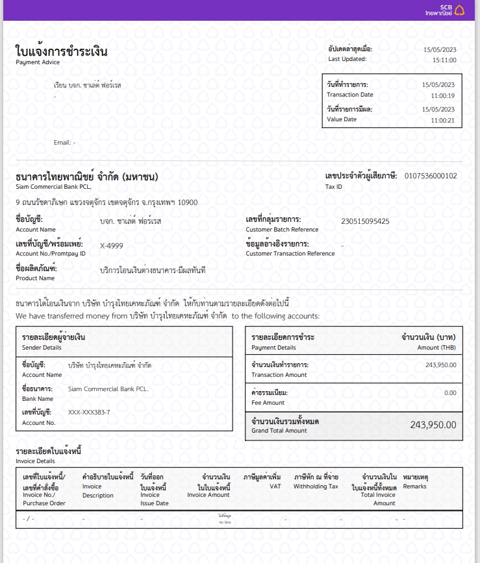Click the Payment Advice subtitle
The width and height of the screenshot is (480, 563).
pos(38,63)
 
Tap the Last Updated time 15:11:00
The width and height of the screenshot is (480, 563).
pos(444,60)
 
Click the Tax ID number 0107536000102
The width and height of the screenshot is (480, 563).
pos(430,176)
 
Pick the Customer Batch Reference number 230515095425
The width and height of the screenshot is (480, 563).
pos(365,221)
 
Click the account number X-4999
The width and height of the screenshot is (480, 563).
pos(111,246)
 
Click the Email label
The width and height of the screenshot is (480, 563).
pos(62,142)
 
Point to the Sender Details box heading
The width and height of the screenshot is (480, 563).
pos(53,337)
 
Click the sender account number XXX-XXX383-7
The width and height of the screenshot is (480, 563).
pos(89,413)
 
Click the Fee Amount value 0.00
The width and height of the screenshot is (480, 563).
pos(449,393)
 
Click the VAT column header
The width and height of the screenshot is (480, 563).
pos(274,486)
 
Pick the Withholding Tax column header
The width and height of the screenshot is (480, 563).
pos(316,486)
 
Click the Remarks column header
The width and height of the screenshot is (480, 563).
pos(414,486)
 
